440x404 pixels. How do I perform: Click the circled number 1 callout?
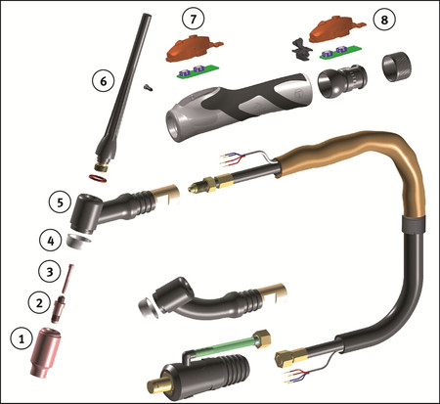22,339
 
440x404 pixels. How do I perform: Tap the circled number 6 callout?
103,81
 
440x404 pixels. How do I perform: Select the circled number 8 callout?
384,20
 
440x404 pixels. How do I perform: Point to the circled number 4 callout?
51,241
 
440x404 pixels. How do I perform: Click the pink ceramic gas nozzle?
46,353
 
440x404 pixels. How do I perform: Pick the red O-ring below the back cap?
98,178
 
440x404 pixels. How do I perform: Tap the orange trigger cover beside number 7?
193,48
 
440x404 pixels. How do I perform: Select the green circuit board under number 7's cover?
198,71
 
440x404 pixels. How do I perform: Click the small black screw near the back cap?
149,87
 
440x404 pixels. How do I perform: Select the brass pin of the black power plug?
160,385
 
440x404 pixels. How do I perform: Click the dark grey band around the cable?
414,224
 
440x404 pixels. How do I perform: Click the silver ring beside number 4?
79,241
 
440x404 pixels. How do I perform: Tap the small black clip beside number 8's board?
302,49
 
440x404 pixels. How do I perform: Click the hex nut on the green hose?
263,339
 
